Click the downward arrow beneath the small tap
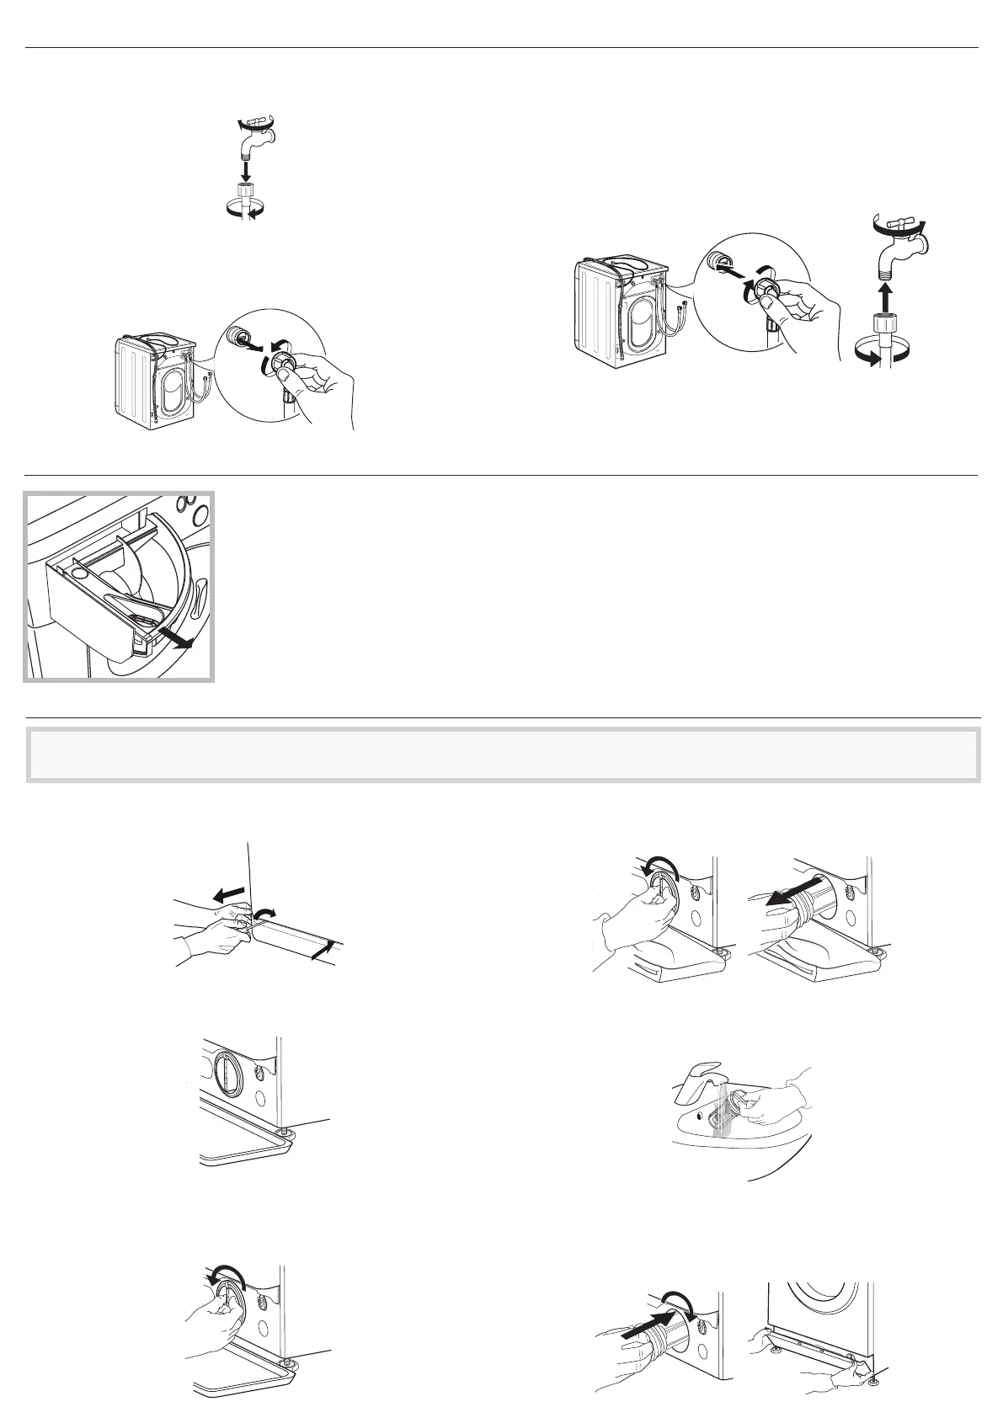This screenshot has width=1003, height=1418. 246,171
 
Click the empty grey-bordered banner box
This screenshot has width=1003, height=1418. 503,754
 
